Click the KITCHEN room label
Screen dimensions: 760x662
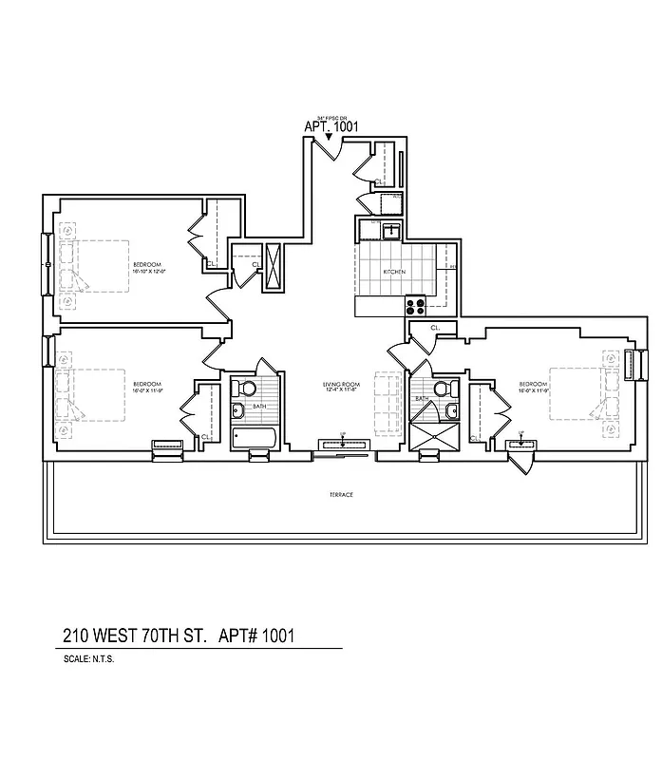point(394,272)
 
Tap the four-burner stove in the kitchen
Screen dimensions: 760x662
point(415,306)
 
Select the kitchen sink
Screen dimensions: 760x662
point(389,230)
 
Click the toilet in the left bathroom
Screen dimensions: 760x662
point(246,388)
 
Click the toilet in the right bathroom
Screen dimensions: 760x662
point(440,389)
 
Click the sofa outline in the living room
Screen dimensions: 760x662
point(388,403)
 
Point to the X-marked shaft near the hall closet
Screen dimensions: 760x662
point(274,265)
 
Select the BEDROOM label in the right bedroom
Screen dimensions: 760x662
point(531,385)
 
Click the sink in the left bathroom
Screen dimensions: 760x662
point(236,411)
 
